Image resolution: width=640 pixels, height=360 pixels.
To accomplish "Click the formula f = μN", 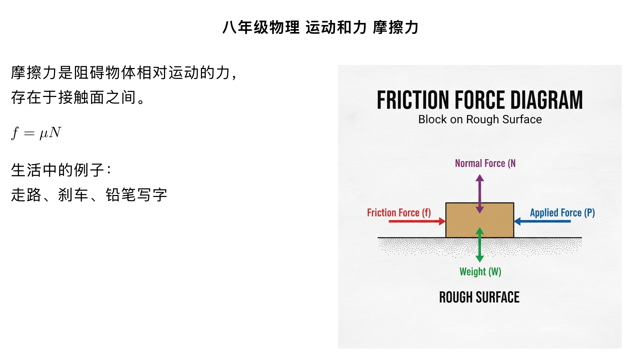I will pyautogui.click(x=36, y=133).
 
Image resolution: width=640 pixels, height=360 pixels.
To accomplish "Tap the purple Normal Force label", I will pyautogui.click(x=485, y=163).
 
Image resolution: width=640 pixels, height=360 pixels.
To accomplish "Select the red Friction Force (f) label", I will pyautogui.click(x=399, y=213).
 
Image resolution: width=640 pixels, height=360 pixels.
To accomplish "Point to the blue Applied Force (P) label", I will pyautogui.click(x=562, y=213).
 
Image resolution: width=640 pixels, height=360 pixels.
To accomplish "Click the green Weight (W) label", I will pyautogui.click(x=480, y=272).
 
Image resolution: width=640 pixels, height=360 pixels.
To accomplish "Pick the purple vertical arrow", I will pyautogui.click(x=480, y=193).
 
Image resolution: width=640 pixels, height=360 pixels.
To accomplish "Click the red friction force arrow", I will pyautogui.click(x=417, y=221).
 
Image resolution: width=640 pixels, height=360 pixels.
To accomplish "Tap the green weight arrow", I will pyautogui.click(x=480, y=245).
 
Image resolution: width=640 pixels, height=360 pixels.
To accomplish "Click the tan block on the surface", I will pyautogui.click(x=460, y=220).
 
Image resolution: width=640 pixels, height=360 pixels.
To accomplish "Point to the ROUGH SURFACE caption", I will pyautogui.click(x=479, y=297).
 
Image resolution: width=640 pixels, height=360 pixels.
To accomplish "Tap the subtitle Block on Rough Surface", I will pyautogui.click(x=480, y=119).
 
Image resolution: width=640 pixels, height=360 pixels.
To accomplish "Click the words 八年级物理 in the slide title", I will pyautogui.click(x=261, y=27).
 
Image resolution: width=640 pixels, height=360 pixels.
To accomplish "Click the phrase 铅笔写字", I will pyautogui.click(x=136, y=195).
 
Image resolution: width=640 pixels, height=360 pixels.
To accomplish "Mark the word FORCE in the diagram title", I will pyautogui.click(x=480, y=100).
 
